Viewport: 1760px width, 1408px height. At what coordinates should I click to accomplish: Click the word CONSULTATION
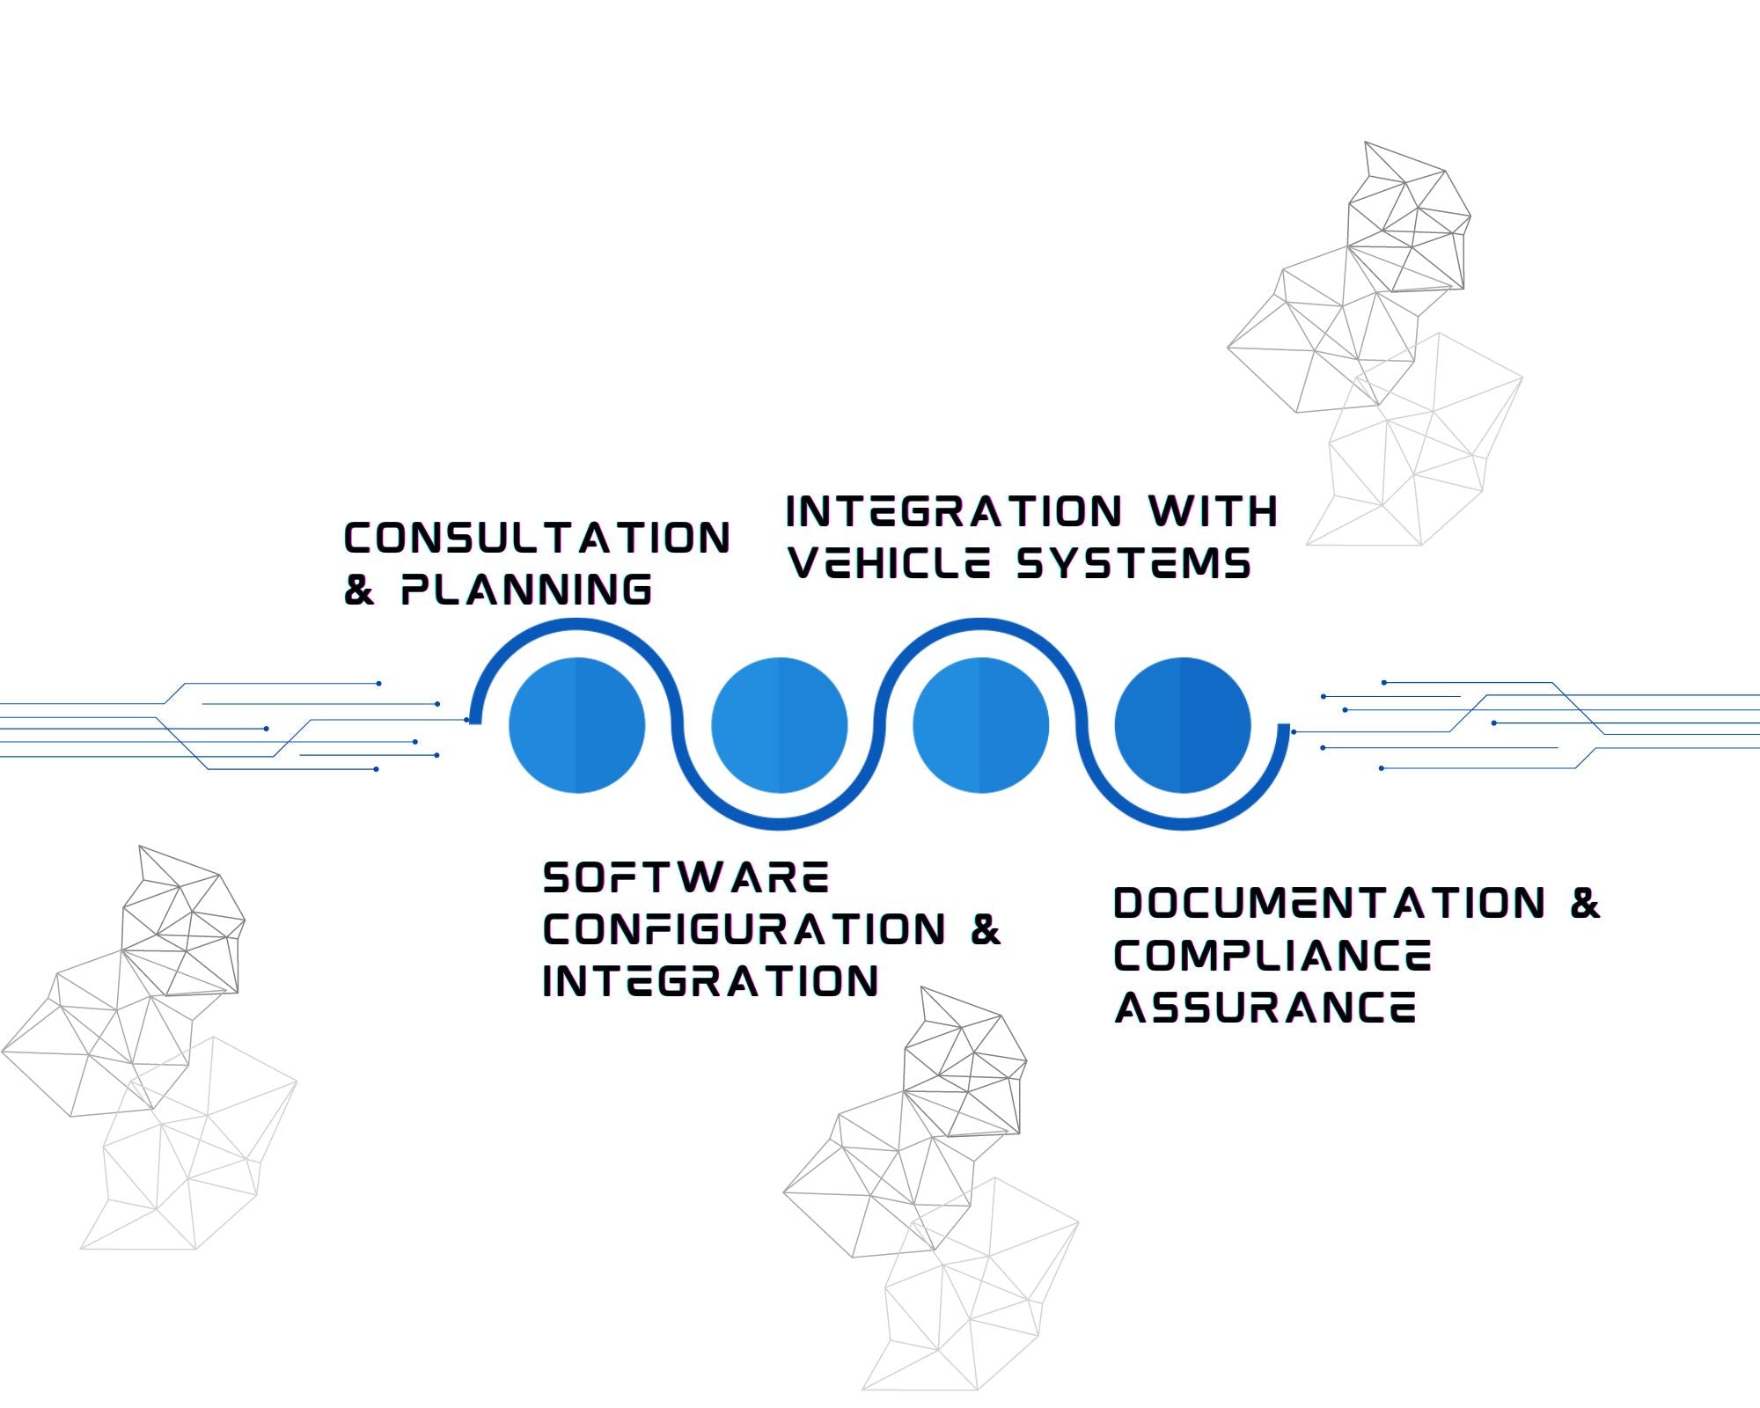click(x=537, y=539)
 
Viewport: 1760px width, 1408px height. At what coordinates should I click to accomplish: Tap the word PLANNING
click(x=526, y=590)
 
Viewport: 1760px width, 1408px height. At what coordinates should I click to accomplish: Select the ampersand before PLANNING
click(x=359, y=590)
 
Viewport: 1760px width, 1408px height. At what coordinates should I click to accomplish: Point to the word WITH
click(x=1214, y=511)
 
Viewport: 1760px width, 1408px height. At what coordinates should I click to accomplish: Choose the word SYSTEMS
click(x=1133, y=563)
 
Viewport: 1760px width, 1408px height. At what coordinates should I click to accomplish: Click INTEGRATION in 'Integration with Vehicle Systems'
click(x=954, y=511)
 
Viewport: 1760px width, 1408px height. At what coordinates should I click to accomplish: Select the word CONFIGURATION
click(x=744, y=930)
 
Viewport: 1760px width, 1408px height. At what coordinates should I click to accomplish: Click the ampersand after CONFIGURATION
click(x=986, y=930)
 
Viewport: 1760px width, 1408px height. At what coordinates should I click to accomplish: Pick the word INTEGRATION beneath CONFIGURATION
click(x=711, y=982)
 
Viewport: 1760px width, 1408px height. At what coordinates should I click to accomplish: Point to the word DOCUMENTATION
click(x=1330, y=904)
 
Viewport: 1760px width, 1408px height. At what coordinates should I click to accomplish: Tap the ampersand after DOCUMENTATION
click(x=1585, y=904)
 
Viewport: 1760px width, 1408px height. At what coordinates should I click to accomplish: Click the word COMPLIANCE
click(x=1272, y=956)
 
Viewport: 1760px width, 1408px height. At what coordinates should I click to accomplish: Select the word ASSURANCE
click(x=1265, y=1008)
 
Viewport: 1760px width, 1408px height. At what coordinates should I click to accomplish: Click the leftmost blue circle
click(x=577, y=725)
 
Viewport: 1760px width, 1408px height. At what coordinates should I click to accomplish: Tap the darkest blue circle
click(x=1183, y=725)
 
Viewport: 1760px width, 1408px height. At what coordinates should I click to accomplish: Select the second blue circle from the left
click(x=780, y=725)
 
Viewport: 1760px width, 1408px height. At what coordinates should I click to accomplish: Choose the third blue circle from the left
click(x=981, y=725)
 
